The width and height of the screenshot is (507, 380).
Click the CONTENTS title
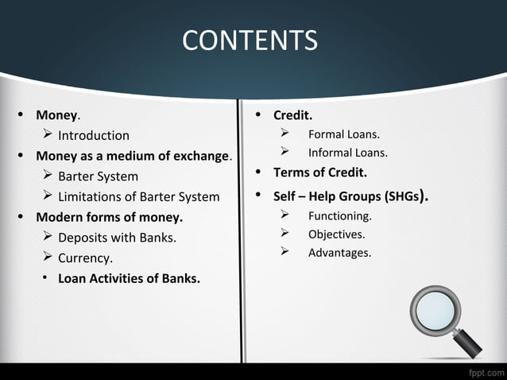pos(250,40)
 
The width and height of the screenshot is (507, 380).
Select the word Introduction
pos(93,135)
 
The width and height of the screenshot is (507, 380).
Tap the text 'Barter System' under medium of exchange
pos(98,176)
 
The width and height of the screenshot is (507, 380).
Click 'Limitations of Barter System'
pos(138,197)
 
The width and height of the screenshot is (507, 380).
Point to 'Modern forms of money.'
pos(109,217)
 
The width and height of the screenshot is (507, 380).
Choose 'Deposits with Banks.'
pos(117,238)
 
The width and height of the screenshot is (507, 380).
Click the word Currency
pos(85,258)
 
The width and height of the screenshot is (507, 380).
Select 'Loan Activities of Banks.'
pos(129,279)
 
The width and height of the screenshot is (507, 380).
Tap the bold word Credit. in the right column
pos(292,115)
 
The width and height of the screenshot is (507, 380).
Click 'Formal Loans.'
pos(343,134)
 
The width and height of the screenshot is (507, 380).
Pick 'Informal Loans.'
pos(347,153)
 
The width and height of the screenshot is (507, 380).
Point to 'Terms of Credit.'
pos(319,173)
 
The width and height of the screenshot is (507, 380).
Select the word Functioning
pos(339,215)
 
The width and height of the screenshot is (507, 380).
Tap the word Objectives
pos(336,235)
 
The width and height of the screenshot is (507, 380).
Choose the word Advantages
pos(339,253)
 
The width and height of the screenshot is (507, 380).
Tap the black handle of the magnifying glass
pos(469,344)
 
